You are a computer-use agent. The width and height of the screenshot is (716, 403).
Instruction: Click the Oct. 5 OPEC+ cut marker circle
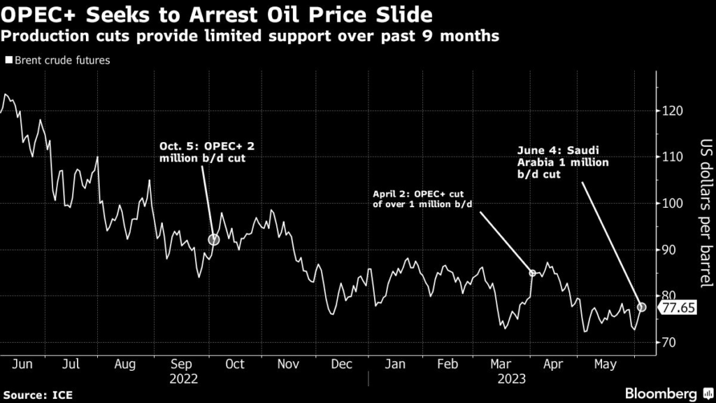tap(214, 239)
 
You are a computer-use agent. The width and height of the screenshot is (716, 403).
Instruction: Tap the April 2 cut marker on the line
tap(532, 273)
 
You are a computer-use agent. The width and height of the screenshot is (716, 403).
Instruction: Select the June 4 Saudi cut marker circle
tap(642, 306)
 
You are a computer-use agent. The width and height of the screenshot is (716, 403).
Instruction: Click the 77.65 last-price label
tap(678, 306)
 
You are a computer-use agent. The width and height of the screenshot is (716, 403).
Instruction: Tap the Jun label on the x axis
tap(23, 364)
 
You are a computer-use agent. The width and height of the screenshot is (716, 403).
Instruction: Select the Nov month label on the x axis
tap(288, 364)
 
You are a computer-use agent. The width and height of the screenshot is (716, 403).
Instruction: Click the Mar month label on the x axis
tap(500, 364)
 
